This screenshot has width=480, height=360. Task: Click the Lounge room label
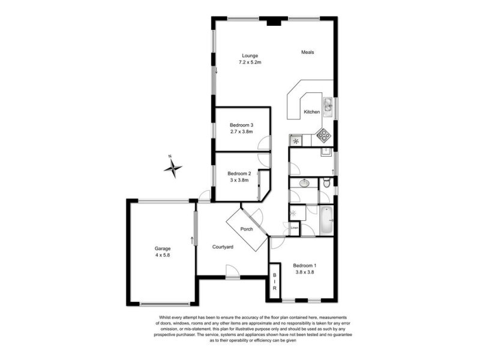click(x=250, y=56)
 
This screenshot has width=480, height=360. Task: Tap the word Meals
click(x=308, y=52)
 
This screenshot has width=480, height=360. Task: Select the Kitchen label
click(x=311, y=112)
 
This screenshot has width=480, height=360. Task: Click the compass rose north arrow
click(x=173, y=167)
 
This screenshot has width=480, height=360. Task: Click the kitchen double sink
click(x=328, y=107)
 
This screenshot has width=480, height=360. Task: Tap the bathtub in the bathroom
click(x=326, y=220)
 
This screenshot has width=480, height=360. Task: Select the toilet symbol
click(x=326, y=183)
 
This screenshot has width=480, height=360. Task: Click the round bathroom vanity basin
click(x=304, y=183)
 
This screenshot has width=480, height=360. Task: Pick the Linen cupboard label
click(x=295, y=228)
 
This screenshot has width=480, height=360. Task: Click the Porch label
click(x=247, y=229)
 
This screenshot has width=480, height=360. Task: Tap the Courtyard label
click(x=223, y=247)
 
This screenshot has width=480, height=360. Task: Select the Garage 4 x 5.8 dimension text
click(x=162, y=255)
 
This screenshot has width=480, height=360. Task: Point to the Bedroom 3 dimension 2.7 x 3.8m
click(x=242, y=132)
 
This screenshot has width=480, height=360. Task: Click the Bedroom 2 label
click(x=239, y=173)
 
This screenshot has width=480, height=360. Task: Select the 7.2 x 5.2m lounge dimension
click(x=250, y=62)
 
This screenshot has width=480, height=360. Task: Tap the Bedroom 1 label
click(x=305, y=266)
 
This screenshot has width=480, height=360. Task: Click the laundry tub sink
click(x=326, y=152)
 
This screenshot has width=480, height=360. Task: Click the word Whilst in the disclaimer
click(x=164, y=317)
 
